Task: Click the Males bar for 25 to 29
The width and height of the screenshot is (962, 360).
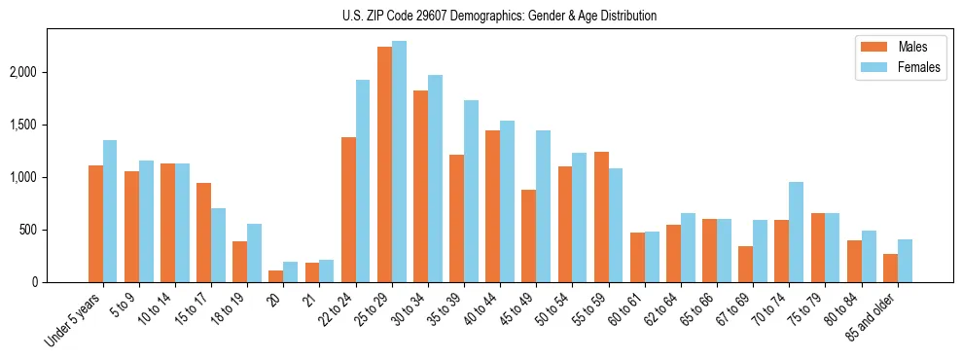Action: click(x=384, y=164)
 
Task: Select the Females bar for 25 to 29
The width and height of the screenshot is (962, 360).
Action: click(x=399, y=162)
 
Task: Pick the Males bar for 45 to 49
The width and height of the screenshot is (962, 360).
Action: click(x=528, y=236)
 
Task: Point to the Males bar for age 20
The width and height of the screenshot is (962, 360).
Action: click(x=275, y=276)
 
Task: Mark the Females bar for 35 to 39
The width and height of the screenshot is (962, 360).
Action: click(x=471, y=192)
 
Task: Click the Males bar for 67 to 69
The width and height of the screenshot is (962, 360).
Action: click(x=745, y=265)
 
